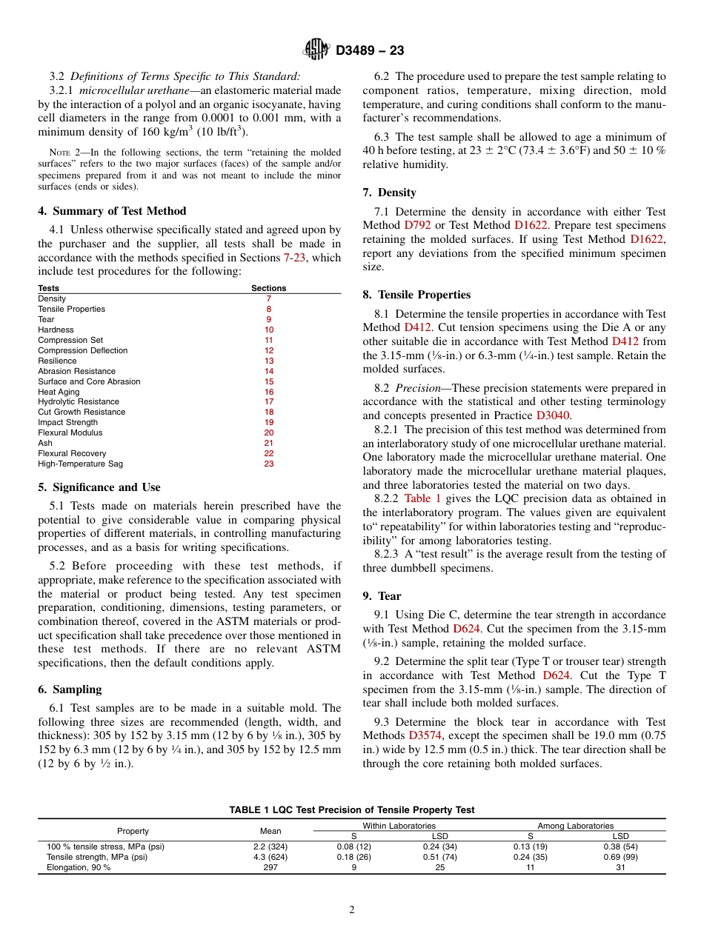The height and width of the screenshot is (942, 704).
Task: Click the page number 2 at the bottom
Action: pos(352,910)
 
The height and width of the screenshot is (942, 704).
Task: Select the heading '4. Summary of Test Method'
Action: pos(112,211)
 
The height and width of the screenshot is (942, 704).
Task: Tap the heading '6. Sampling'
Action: pos(70,689)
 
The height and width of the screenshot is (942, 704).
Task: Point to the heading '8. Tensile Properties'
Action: pos(416,295)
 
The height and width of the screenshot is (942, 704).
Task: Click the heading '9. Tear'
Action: pos(382,595)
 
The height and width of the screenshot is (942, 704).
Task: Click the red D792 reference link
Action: pos(416,225)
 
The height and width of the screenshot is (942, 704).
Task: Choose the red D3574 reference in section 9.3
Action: pos(425,735)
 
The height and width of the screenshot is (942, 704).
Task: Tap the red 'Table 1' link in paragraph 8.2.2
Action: pos(422,498)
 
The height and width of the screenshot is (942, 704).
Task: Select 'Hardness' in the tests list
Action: pos(56,330)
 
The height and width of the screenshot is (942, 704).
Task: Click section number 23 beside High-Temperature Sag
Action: pos(268,464)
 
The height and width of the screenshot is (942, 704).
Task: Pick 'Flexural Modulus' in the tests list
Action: pos(70,432)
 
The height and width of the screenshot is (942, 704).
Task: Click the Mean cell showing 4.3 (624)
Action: pos(270,857)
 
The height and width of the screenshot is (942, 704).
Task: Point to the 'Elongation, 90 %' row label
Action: pos(79,867)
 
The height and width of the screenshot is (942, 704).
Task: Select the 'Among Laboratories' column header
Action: pos(575,825)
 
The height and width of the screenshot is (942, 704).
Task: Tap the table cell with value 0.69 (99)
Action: pos(620,857)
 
